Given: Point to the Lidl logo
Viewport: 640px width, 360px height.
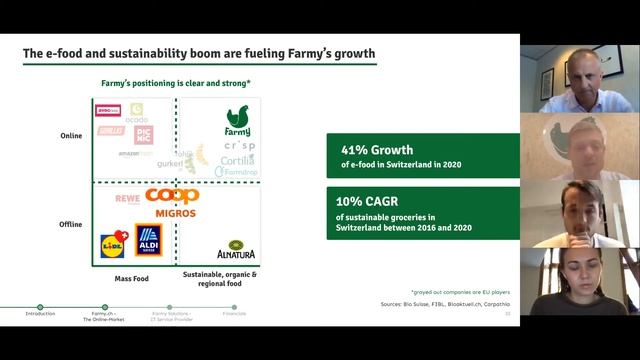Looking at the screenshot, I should pos(114,242).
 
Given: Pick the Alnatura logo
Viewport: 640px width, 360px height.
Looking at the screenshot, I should pos(236,250).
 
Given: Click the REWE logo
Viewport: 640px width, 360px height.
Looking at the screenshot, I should pos(127,200).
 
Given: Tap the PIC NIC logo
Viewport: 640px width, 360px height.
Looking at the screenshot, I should pos(142,134).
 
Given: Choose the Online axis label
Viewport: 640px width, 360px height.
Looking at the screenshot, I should pos(72,137).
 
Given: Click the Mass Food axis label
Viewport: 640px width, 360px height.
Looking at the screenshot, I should pos(131,278).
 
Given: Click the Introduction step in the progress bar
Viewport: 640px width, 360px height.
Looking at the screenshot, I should pos(40,312).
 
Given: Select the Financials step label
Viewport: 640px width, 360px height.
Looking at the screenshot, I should pos(233,313).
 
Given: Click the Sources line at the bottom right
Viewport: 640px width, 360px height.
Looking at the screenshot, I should pos(445,301).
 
